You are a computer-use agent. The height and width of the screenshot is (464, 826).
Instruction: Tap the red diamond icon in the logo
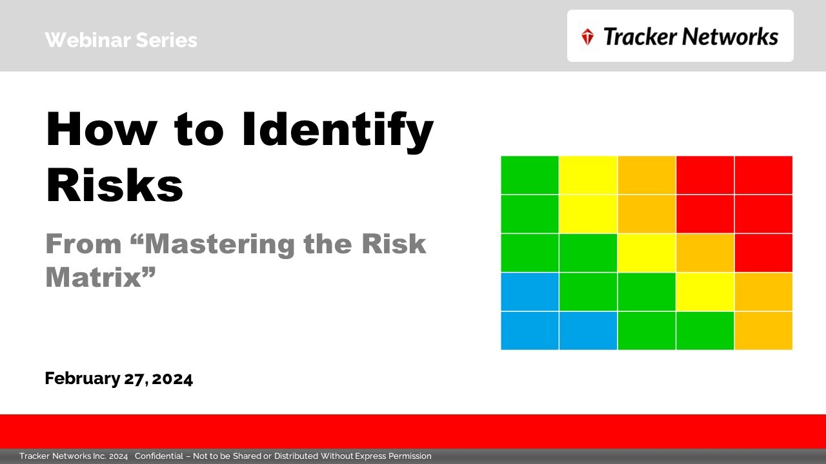587,37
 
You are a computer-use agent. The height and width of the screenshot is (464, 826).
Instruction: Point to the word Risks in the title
114,186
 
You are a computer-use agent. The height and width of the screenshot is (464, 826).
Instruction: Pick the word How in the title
101,130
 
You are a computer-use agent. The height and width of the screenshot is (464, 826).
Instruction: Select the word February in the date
82,378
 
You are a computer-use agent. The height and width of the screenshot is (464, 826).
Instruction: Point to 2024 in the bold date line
173,378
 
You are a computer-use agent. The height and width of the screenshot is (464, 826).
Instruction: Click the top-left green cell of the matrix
530,175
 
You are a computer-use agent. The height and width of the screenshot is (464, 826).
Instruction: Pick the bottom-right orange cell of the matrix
763,331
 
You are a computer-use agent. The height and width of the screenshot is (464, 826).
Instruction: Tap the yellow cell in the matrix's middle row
647,253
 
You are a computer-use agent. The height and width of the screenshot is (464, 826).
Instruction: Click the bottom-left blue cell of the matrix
530,331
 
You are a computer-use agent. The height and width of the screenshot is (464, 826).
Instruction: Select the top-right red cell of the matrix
763,175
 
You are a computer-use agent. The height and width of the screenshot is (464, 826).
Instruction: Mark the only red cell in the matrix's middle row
763,253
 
